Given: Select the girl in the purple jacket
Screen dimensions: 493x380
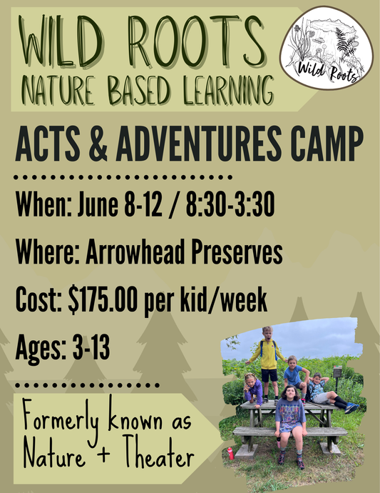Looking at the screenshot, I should pos(253,389).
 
